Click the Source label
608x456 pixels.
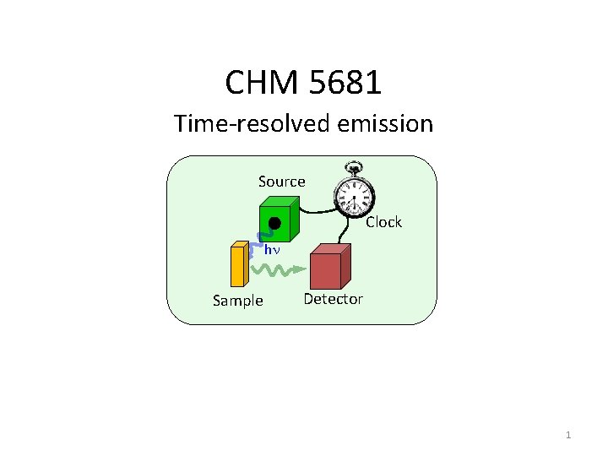pos(281,182)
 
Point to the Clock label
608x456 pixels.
pos(383,222)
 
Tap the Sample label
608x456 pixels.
pos(237,301)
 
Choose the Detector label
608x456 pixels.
pos(333,299)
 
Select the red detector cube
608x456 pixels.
pos(328,269)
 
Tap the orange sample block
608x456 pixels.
pos(237,265)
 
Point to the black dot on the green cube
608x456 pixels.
pos(274,223)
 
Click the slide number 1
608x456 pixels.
pos(568,436)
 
